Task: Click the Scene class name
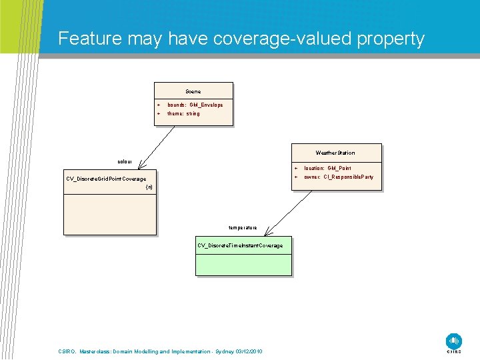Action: coord(193,91)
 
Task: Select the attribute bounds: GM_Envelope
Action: coord(195,105)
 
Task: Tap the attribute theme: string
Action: coord(183,114)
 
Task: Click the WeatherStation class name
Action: coord(335,153)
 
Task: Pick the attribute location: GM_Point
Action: coord(327,169)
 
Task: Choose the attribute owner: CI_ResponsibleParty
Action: coord(339,177)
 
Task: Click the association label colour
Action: coord(125,162)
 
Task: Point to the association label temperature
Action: coord(243,228)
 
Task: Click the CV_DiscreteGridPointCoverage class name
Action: coord(106,179)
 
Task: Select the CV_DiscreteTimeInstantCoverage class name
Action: coord(240,246)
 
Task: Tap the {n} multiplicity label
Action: coord(149,187)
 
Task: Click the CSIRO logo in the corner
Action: coord(454,342)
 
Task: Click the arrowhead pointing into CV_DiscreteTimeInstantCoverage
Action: coord(267,233)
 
